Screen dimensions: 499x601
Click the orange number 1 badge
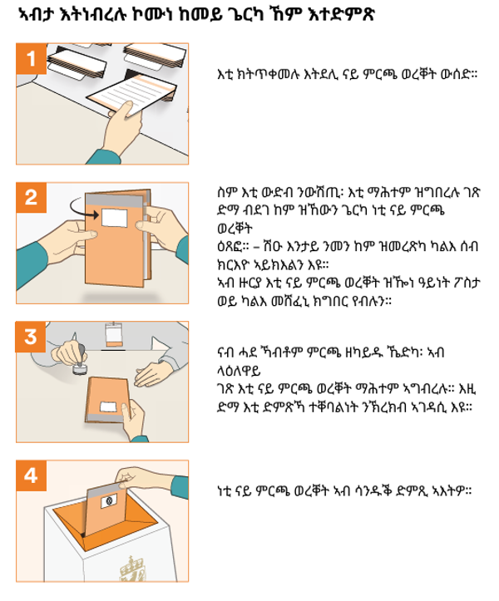tap(31, 59)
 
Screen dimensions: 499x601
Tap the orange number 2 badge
tap(31, 197)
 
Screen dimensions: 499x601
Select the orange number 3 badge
tap(31, 337)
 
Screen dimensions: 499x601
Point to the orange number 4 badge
tap(31, 475)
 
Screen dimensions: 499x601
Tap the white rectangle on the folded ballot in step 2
tap(114, 217)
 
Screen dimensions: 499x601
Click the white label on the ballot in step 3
tap(108, 406)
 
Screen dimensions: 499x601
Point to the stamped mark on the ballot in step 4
tap(109, 500)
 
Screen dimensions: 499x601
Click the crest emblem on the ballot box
tap(132, 569)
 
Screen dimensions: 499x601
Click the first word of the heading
tap(37, 15)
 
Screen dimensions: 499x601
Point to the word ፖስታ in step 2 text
tap(464, 283)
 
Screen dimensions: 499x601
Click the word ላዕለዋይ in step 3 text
tap(239, 371)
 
